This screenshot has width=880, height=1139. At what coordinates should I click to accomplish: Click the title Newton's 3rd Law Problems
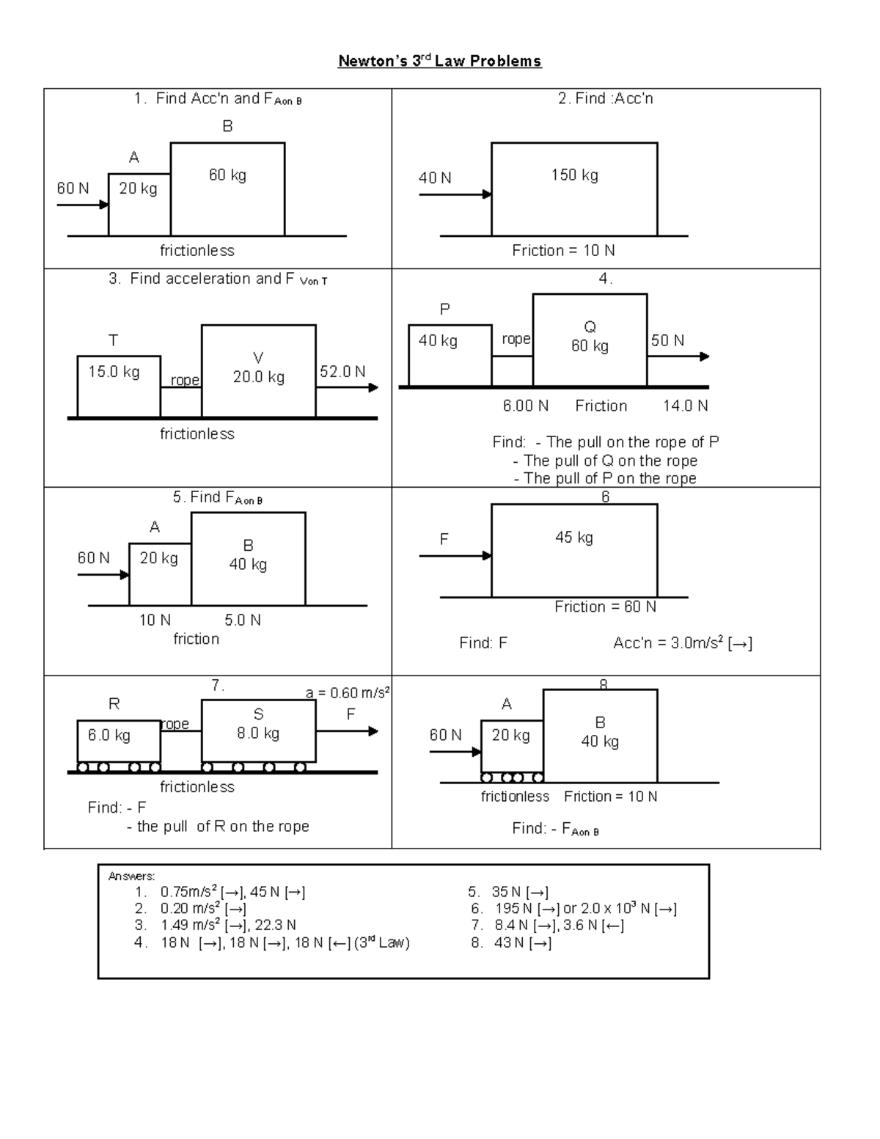point(439,61)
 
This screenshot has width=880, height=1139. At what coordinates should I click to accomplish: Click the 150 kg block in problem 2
point(574,188)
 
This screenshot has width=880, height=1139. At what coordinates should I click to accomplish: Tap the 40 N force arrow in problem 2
point(455,194)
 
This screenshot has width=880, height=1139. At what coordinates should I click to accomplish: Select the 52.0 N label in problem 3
point(342,372)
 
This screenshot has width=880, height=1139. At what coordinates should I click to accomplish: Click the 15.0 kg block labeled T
point(119,386)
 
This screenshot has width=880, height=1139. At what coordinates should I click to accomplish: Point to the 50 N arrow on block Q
point(678,356)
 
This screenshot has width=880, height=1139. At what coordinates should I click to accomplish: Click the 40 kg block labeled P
point(450,355)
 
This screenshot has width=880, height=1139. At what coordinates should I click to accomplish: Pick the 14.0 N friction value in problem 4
point(685,406)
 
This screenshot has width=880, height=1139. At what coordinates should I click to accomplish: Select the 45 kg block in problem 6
point(574,550)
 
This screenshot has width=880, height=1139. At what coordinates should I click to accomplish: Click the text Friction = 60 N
point(605,607)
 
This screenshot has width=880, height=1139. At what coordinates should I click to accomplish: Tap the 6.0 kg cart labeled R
point(119,741)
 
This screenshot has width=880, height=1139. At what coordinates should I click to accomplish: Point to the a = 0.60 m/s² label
point(348,692)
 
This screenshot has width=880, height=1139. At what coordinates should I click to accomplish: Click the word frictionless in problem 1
point(197,251)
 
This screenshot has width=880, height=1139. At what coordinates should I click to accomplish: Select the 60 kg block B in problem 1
point(227,188)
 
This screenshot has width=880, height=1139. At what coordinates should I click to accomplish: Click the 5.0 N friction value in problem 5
point(243,620)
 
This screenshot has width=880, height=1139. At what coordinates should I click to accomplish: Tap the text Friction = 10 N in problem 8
point(610,796)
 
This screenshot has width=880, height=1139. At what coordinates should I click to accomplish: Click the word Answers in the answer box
point(131,876)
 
